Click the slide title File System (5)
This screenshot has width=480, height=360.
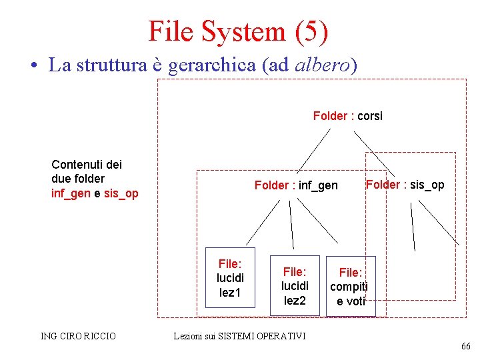pos(238,31)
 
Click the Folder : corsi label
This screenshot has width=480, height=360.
pos(348,116)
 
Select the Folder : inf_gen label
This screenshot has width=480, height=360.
pos(296,185)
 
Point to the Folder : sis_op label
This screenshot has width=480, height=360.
pos(405,185)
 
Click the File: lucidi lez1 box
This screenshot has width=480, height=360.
pos(230,277)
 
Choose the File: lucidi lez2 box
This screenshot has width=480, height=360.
pos(295,286)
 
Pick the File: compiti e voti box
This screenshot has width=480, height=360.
pos(351,286)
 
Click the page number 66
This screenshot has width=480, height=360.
pos(465,346)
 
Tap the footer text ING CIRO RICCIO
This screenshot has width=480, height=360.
pos(79,336)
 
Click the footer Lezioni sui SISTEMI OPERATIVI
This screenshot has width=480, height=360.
pos(239,336)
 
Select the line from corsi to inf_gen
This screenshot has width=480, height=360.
pos(313,150)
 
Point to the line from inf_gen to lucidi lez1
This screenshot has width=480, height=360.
pos(260,222)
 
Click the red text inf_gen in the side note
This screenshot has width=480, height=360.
pos(70,193)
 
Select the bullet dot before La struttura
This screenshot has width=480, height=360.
pos(32,66)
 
